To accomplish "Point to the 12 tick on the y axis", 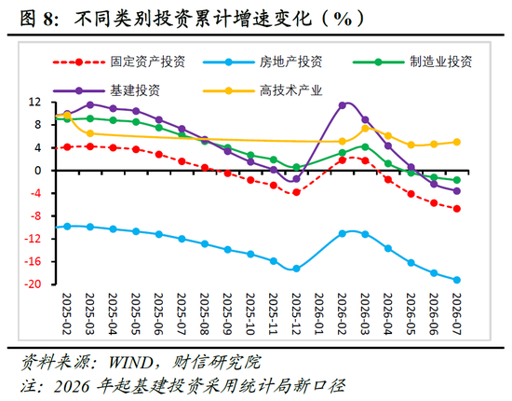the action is click(x=35, y=103).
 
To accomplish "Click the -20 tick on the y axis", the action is click(x=33, y=283).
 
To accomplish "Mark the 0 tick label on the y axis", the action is click(x=38, y=171).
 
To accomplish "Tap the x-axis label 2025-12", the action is click(x=296, y=314).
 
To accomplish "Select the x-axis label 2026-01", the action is click(x=319, y=314).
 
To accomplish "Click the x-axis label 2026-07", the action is click(x=456, y=314).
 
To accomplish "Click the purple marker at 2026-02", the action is click(x=343, y=105).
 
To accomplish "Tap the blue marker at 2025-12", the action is click(x=296, y=269).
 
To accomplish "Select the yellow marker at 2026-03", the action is click(x=365, y=128).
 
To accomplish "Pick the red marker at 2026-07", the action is click(x=457, y=208).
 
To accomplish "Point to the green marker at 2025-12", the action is click(x=296, y=168).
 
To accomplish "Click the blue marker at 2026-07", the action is click(x=457, y=280).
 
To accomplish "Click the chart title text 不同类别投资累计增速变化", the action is click(x=194, y=18).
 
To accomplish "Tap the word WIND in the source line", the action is click(x=130, y=363).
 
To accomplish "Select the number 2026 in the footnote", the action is click(x=72, y=386).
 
